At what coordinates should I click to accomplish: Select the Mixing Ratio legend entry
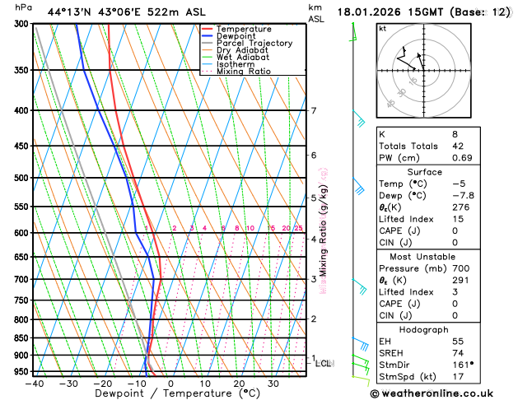(x=244, y=72)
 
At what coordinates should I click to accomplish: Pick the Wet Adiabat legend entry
(x=242, y=57)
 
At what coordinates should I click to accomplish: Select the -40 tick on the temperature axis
(x=34, y=384)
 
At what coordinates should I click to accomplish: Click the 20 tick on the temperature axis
(x=239, y=384)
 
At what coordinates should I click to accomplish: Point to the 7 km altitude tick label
(x=313, y=111)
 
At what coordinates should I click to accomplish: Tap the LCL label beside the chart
(x=324, y=363)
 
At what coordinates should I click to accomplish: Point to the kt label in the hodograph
(x=382, y=28)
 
